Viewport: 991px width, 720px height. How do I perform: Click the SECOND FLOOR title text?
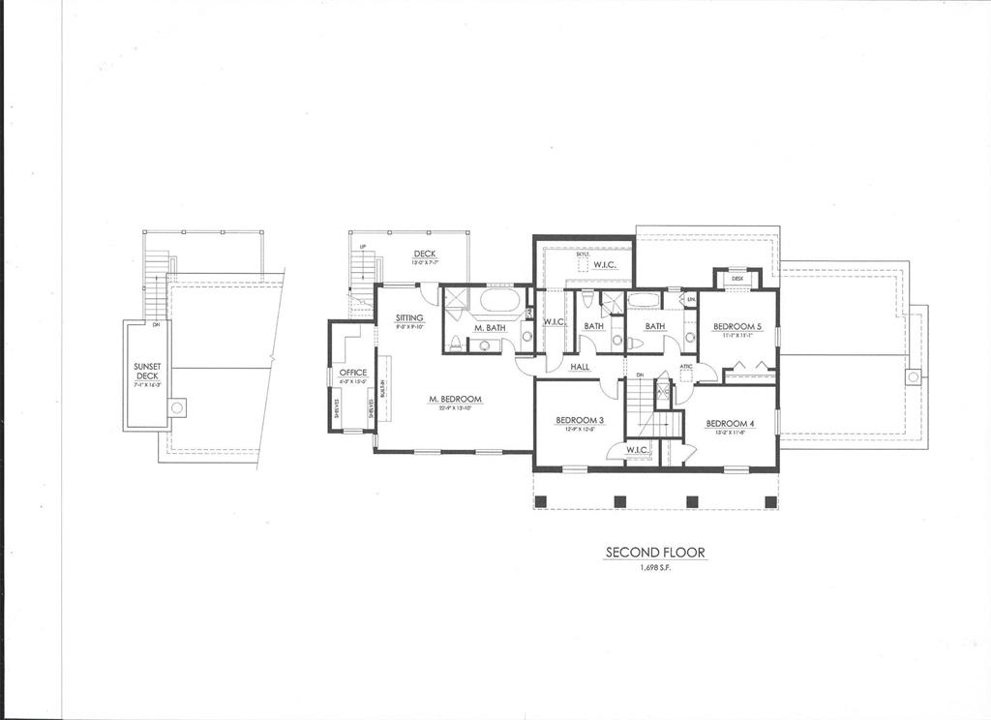click(x=655, y=553)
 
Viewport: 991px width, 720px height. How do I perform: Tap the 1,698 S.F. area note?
click(x=655, y=568)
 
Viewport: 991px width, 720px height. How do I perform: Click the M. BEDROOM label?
click(x=455, y=399)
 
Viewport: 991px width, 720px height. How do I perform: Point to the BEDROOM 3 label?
click(x=580, y=420)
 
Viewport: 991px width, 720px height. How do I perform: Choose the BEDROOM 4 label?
click(x=730, y=423)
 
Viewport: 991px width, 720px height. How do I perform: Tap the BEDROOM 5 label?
click(x=737, y=327)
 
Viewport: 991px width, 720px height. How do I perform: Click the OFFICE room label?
click(x=352, y=372)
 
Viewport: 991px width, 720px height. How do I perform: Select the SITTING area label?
click(x=409, y=317)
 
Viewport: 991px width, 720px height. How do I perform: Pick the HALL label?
click(x=580, y=367)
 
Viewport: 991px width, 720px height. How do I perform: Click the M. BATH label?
click(x=490, y=328)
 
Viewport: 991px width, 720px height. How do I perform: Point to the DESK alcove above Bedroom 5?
click(x=737, y=279)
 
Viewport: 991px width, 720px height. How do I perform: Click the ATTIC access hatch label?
click(x=685, y=366)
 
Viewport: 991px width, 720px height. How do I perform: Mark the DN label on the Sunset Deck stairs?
click(x=156, y=325)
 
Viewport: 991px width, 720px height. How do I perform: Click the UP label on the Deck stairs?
click(x=362, y=248)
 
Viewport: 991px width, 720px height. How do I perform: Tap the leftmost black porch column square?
click(x=542, y=501)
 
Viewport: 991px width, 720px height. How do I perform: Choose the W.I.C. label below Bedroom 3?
click(x=636, y=449)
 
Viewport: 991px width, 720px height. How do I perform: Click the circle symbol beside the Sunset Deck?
click(x=176, y=408)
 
